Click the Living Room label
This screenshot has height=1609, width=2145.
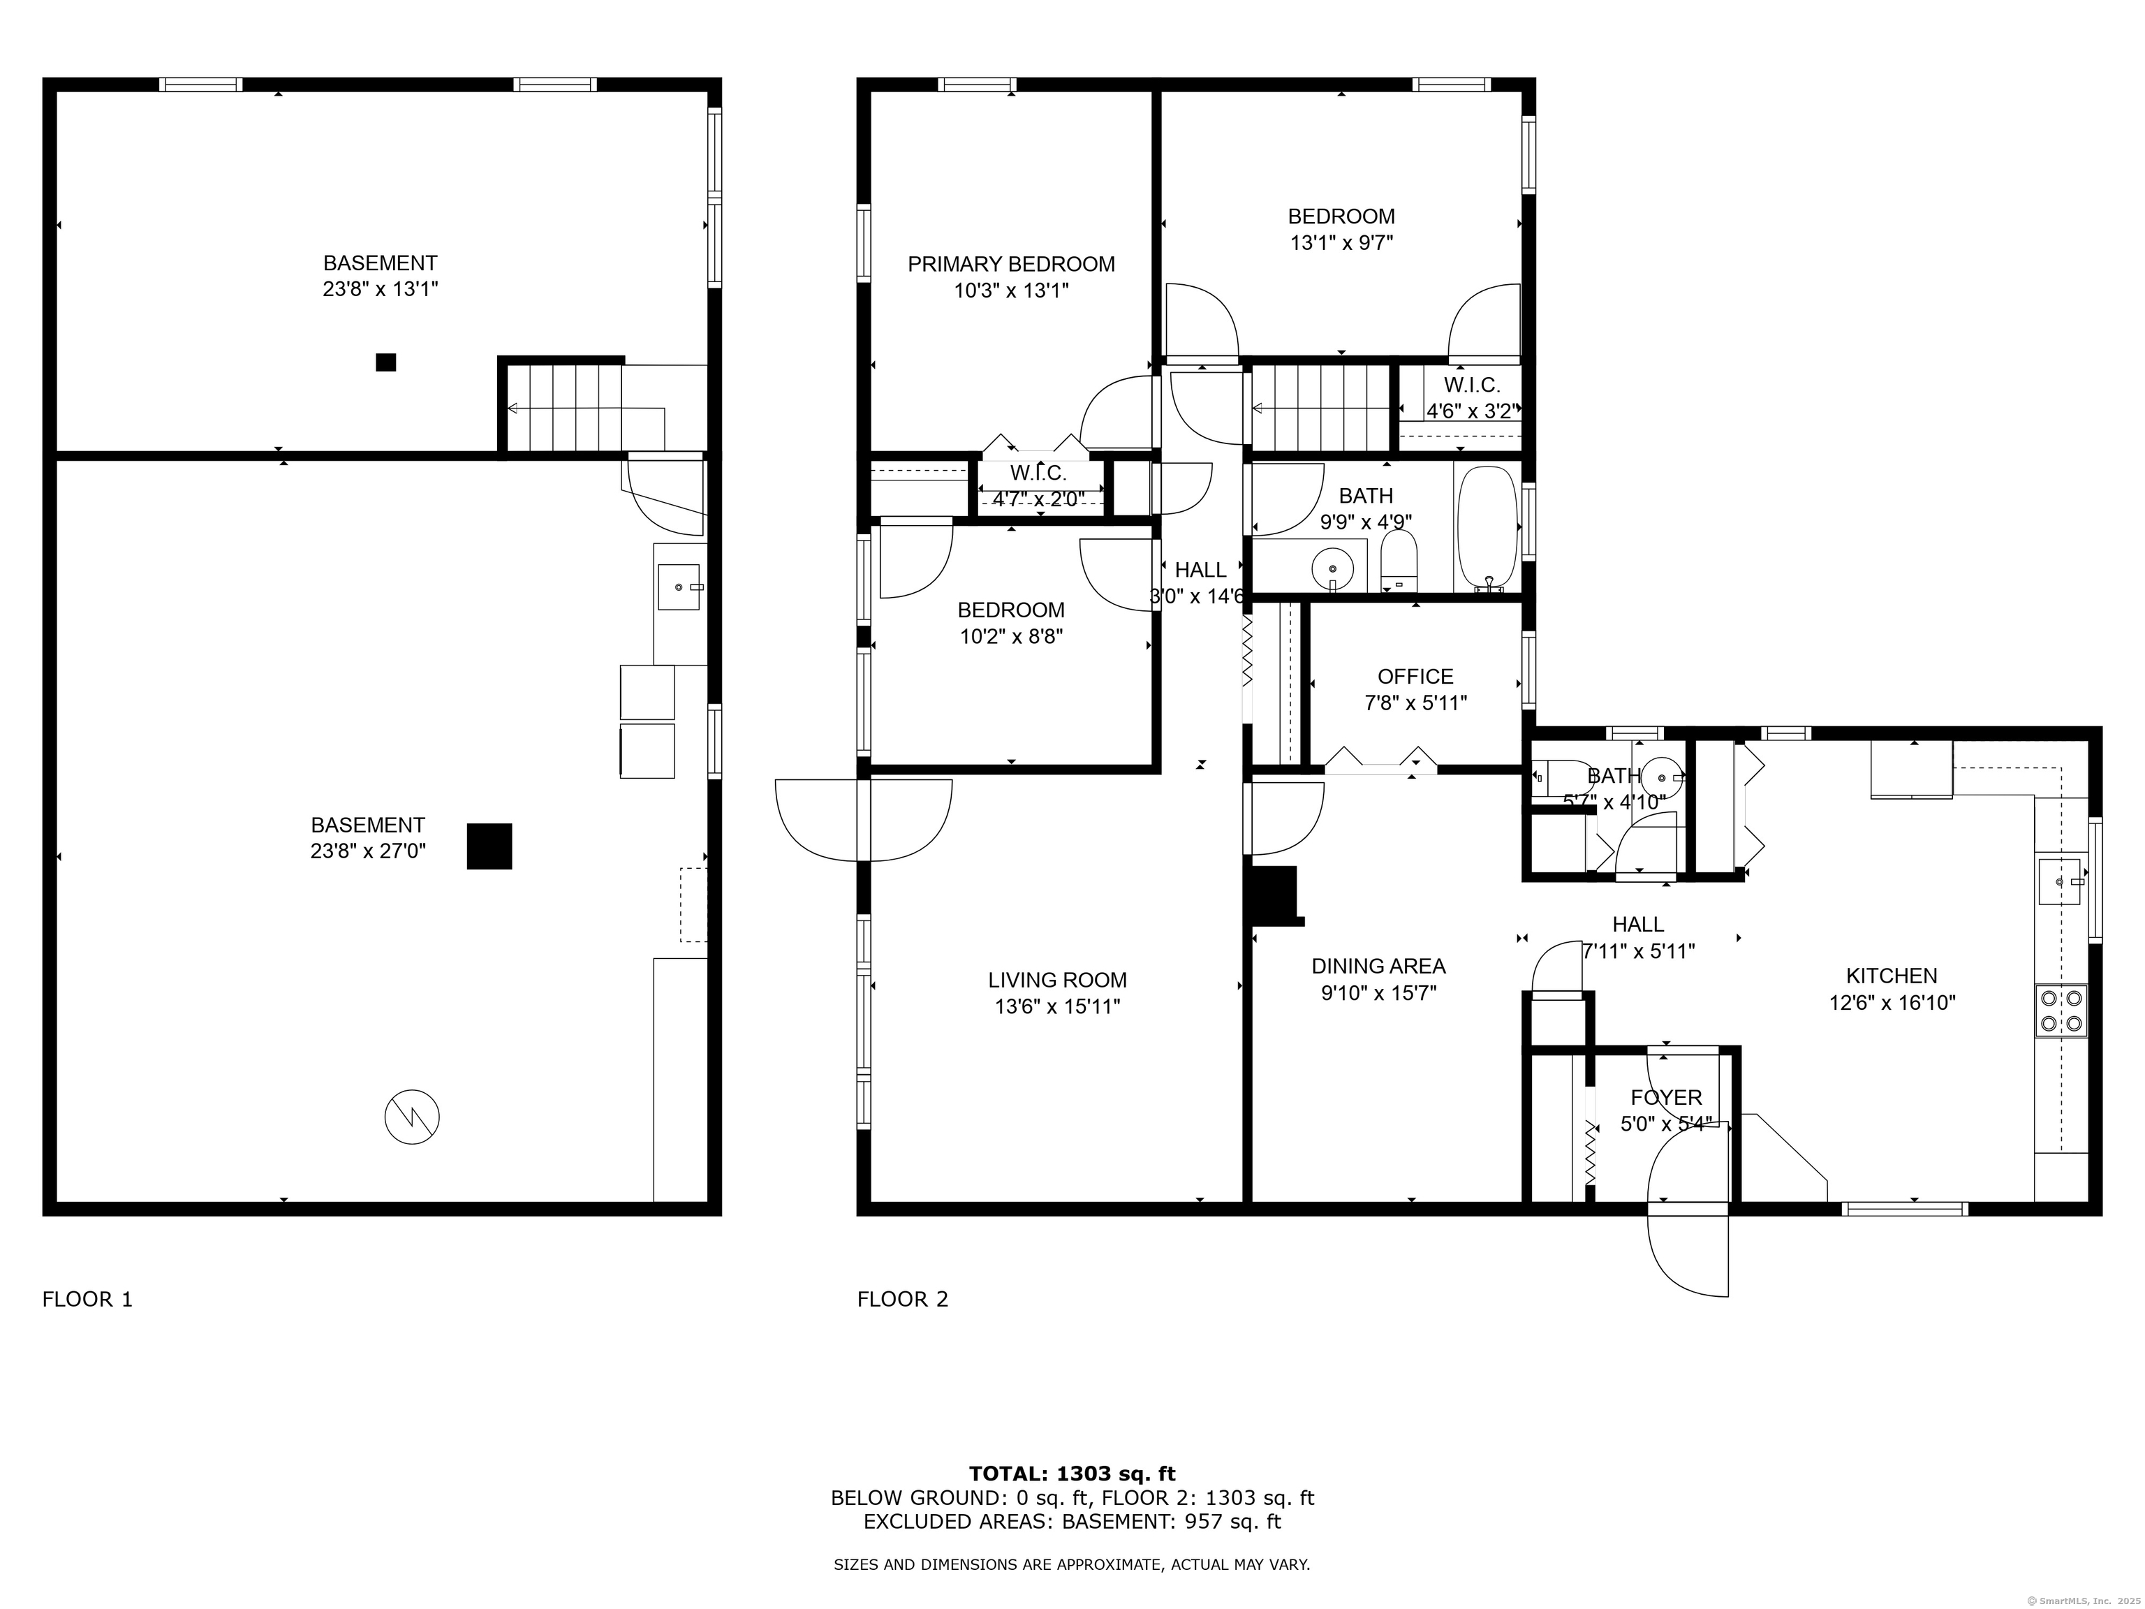[x=1057, y=980]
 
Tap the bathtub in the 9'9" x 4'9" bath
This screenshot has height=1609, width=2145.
[x=1487, y=529]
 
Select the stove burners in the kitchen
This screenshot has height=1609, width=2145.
[x=2061, y=1010]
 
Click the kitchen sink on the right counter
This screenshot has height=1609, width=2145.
[x=2061, y=881]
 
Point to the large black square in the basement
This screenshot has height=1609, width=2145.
[x=489, y=846]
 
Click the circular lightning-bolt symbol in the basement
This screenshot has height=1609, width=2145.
[x=412, y=1117]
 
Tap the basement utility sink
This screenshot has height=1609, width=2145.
[x=679, y=587]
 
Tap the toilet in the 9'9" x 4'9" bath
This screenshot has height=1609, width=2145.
[x=1399, y=561]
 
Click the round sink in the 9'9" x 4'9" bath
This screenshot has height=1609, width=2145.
[x=1332, y=566]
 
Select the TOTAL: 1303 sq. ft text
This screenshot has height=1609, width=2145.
[x=1072, y=1474]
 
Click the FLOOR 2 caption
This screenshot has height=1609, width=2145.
[x=902, y=1300]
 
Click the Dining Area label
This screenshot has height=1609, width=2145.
[x=1378, y=966]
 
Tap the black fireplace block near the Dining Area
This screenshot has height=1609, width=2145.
[x=1275, y=894]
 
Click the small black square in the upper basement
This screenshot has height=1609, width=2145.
[x=386, y=362]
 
